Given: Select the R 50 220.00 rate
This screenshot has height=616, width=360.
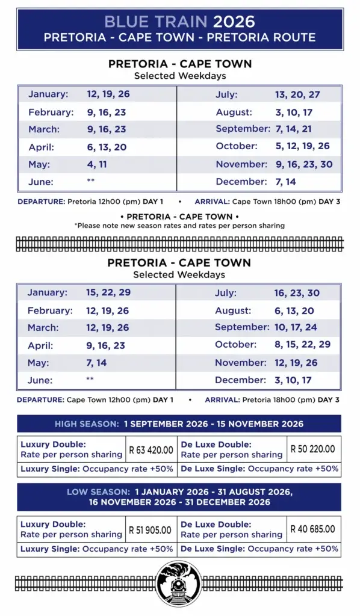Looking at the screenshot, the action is [312, 449].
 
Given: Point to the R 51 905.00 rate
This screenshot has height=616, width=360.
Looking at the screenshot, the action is [151, 531].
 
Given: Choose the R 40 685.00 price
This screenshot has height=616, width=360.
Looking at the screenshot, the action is [312, 529].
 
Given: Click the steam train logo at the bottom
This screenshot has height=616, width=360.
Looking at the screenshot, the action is [179, 584].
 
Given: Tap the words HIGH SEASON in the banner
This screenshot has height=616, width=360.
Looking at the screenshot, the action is [87, 424].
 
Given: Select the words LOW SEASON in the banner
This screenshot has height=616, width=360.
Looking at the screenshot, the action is [98, 492].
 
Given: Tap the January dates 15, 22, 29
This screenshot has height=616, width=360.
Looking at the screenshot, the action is [108, 292].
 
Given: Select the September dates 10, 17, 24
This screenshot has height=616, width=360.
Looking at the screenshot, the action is [296, 327].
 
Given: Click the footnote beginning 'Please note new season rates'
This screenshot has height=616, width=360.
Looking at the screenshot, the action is [179, 226].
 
